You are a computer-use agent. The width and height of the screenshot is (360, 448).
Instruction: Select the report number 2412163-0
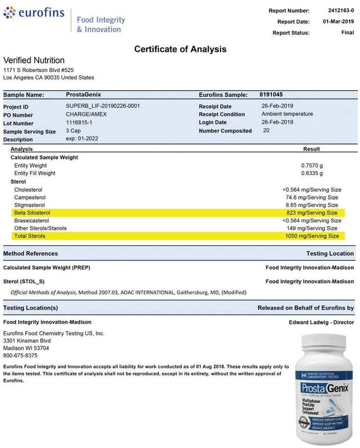pos(341,10)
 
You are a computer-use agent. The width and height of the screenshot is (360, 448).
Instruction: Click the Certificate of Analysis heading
pos(180,49)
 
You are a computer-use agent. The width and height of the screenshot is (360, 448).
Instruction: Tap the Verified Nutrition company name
pos(34,60)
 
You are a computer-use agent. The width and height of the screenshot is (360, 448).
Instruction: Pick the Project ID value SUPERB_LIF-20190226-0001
pos(103,106)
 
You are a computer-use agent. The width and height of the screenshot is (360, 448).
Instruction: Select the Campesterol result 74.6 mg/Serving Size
pos(312,198)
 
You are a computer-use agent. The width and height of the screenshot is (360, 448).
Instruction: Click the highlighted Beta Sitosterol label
pos(32,213)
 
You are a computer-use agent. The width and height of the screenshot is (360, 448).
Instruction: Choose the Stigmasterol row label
pos(30,205)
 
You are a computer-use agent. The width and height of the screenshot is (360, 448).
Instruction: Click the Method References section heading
pos(30,254)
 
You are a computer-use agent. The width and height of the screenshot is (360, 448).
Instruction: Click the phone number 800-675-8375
pos(20,356)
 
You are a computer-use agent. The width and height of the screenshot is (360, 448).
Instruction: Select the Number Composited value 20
pos(266,131)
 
